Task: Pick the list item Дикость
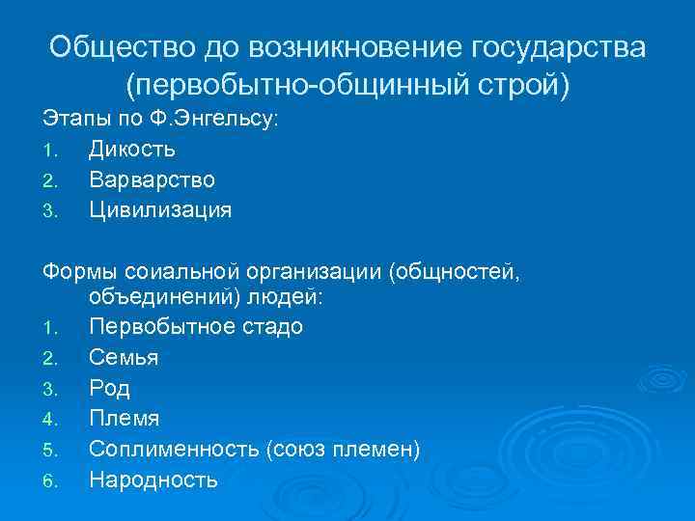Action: pyautogui.click(x=132, y=150)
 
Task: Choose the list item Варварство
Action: pyautogui.click(x=153, y=179)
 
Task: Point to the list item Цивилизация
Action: pyautogui.click(x=160, y=209)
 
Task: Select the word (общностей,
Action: pyautogui.click(x=455, y=269)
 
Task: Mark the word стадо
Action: pyautogui.click(x=268, y=327)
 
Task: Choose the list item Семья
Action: pyautogui.click(x=124, y=358)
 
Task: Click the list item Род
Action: pyautogui.click(x=109, y=389)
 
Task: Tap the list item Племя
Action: pyautogui.click(x=125, y=419)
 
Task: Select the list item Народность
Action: pyautogui.click(x=153, y=480)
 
